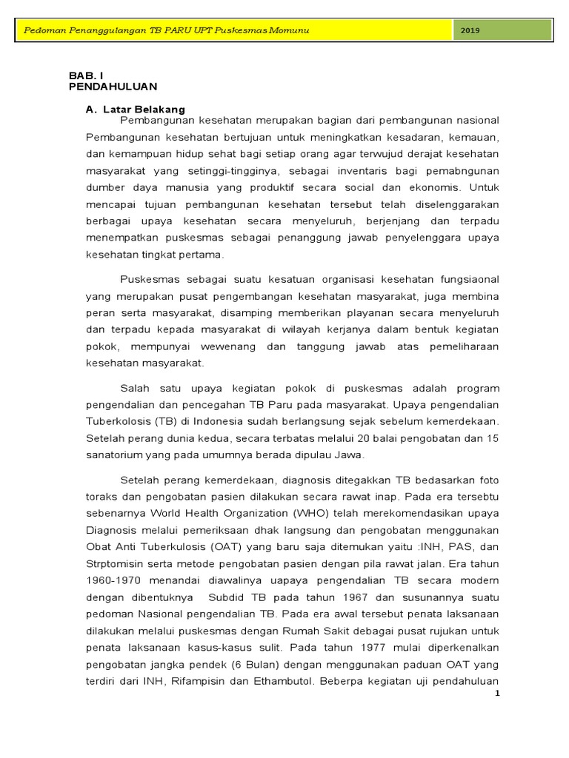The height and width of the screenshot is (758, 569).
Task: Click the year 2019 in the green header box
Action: pyautogui.click(x=470, y=30)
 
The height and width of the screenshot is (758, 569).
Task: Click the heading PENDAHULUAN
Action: pyautogui.click(x=113, y=87)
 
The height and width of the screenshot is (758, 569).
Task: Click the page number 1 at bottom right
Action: pyautogui.click(x=499, y=694)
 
